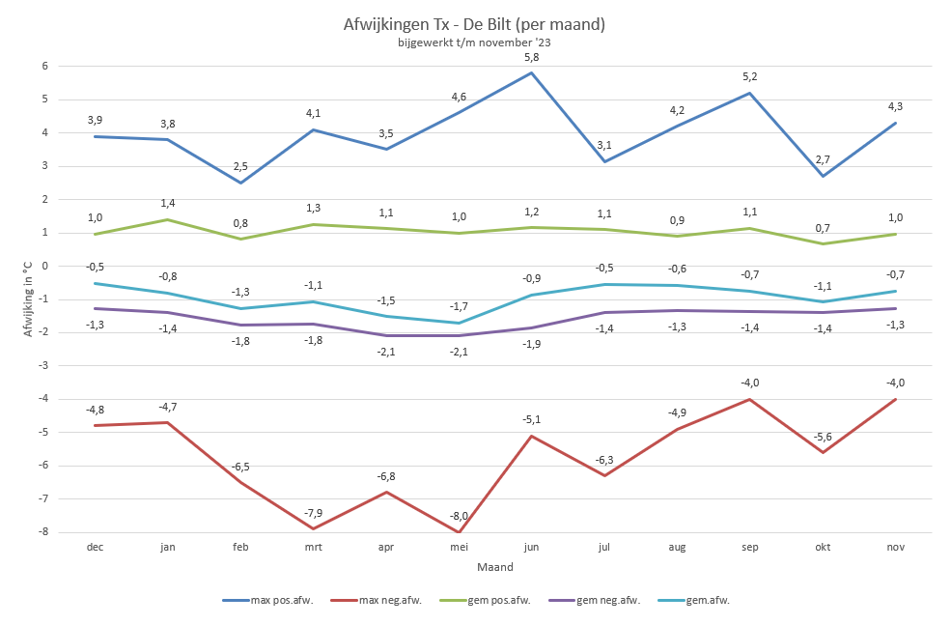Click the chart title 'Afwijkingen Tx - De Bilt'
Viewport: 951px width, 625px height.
(474, 24)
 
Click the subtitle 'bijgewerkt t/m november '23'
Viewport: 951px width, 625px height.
(474, 43)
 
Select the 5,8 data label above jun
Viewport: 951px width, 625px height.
(531, 58)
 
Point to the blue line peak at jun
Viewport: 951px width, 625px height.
(531, 72)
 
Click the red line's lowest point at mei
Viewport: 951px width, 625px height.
(459, 532)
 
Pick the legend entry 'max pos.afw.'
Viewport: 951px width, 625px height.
(272, 600)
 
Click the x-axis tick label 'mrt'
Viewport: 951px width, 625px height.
(313, 547)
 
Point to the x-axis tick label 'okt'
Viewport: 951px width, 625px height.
(823, 547)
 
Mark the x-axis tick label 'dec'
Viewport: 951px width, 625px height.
(95, 547)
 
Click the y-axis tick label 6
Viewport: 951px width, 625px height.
(44, 66)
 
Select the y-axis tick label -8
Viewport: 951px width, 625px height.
(42, 532)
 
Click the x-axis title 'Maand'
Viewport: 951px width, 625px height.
(494, 567)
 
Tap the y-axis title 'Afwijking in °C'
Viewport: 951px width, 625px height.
(27, 298)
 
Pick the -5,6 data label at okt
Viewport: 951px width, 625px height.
(823, 437)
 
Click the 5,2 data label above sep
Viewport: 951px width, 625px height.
(750, 77)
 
